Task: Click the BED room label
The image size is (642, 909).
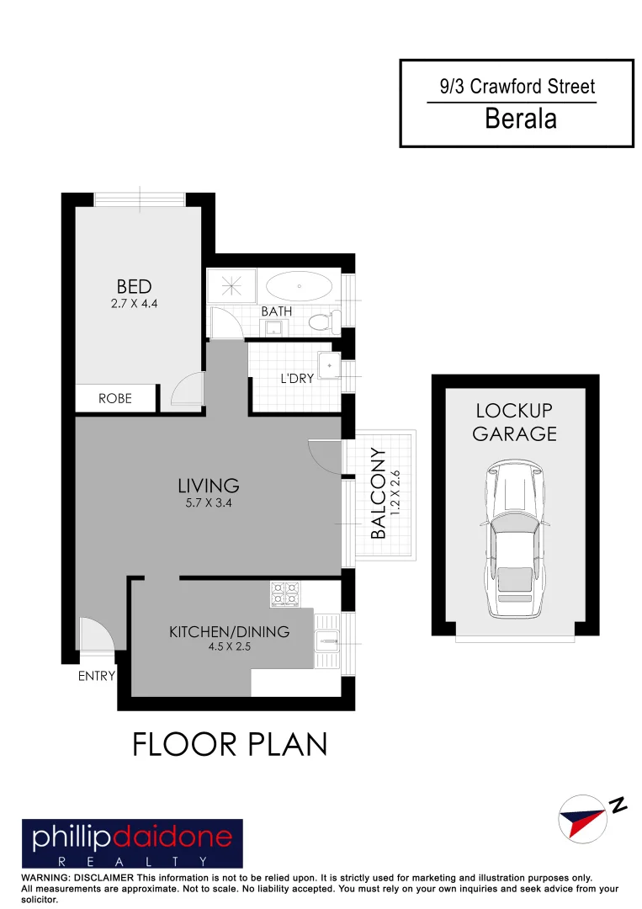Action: coord(134,287)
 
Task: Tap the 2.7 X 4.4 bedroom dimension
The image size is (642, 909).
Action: coord(134,303)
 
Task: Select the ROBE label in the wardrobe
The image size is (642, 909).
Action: coord(115,398)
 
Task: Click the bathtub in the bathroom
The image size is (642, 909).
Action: coord(299,286)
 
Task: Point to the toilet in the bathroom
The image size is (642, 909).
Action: coord(323,320)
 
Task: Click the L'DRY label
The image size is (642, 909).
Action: coord(297,379)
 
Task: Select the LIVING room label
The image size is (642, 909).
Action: coord(209,486)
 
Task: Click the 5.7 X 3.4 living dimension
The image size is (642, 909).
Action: coord(209,502)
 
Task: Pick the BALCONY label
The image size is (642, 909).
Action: coord(379,494)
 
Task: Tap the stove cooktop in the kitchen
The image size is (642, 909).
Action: coord(284,594)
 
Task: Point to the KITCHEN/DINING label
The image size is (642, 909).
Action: coord(229,631)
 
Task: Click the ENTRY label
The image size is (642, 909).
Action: coord(96,675)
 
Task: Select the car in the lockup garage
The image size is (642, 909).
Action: coord(513,538)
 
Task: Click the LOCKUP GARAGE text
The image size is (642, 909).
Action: coord(515,423)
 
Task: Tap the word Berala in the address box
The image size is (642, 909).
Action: coord(521,119)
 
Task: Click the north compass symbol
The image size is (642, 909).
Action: coord(582,816)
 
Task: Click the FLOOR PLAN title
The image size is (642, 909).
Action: coord(229,744)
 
